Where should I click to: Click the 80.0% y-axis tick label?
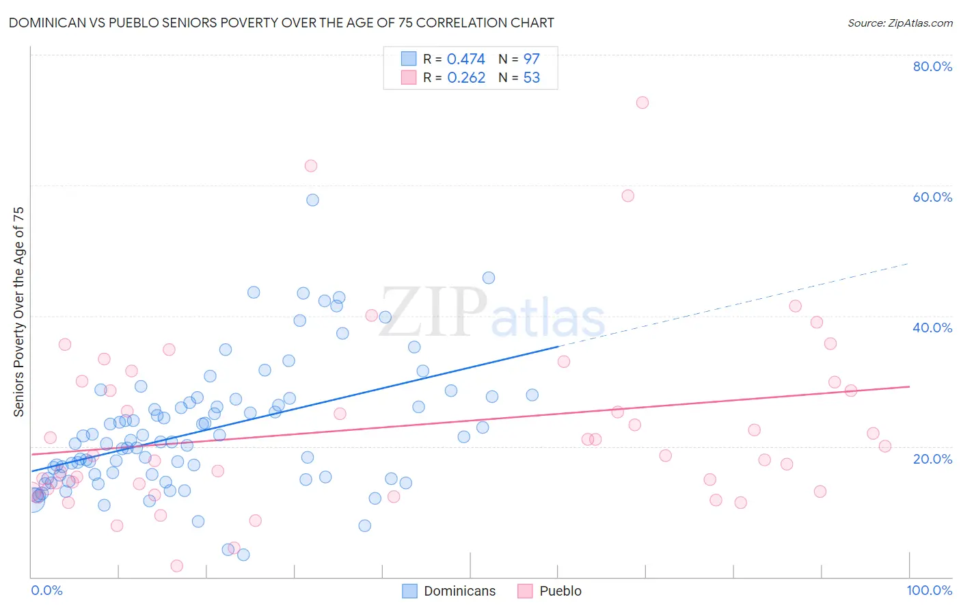point(932,66)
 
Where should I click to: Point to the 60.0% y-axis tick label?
point(932,197)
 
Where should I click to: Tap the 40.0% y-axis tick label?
point(932,328)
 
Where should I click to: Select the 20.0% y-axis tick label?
point(932,459)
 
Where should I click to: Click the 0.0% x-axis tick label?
point(46,590)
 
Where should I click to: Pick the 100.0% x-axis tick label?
point(929,590)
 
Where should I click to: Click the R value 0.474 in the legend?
point(465,59)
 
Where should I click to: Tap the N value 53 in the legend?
point(531,78)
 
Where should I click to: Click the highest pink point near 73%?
point(642,103)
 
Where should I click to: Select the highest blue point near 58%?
point(312,200)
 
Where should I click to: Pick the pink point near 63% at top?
point(310,165)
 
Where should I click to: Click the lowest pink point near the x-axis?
point(176,566)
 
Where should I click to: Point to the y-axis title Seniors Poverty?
point(18,311)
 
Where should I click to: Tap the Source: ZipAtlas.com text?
point(899,23)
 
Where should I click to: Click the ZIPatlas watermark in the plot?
point(492,313)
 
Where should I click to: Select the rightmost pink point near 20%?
point(884,446)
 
